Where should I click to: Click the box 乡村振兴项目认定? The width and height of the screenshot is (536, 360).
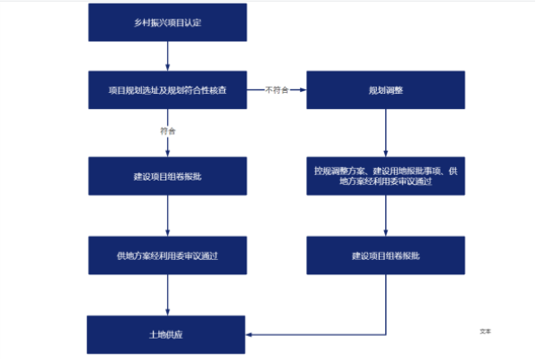pyautogui.click(x=167, y=21)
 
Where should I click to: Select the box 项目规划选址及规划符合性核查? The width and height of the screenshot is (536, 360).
pyautogui.click(x=167, y=90)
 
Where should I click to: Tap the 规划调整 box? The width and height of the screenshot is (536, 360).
pyautogui.click(x=385, y=90)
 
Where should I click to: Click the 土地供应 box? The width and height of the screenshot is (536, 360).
pyautogui.click(x=167, y=334)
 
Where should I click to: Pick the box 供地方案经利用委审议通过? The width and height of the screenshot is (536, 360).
pyautogui.click(x=167, y=255)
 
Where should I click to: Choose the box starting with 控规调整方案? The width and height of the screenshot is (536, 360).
pyautogui.click(x=385, y=175)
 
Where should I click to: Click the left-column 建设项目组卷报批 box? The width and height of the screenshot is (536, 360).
pyautogui.click(x=167, y=176)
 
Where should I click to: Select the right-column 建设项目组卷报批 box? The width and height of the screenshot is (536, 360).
pyautogui.click(x=385, y=255)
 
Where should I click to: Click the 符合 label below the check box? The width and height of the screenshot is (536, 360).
pyautogui.click(x=167, y=130)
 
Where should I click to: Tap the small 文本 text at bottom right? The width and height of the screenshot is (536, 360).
pyautogui.click(x=485, y=331)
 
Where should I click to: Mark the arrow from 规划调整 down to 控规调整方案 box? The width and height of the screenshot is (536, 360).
pyautogui.click(x=385, y=132)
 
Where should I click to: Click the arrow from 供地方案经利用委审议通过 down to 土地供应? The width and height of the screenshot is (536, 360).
pyautogui.click(x=167, y=295)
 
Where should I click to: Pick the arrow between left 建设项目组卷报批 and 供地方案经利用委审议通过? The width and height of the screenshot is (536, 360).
pyautogui.click(x=167, y=215)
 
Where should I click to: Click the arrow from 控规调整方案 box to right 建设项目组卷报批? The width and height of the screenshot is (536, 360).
pyautogui.click(x=385, y=215)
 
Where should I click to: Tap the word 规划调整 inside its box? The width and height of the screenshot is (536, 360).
pyautogui.click(x=385, y=90)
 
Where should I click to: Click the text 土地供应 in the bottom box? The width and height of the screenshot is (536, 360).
pyautogui.click(x=167, y=334)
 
